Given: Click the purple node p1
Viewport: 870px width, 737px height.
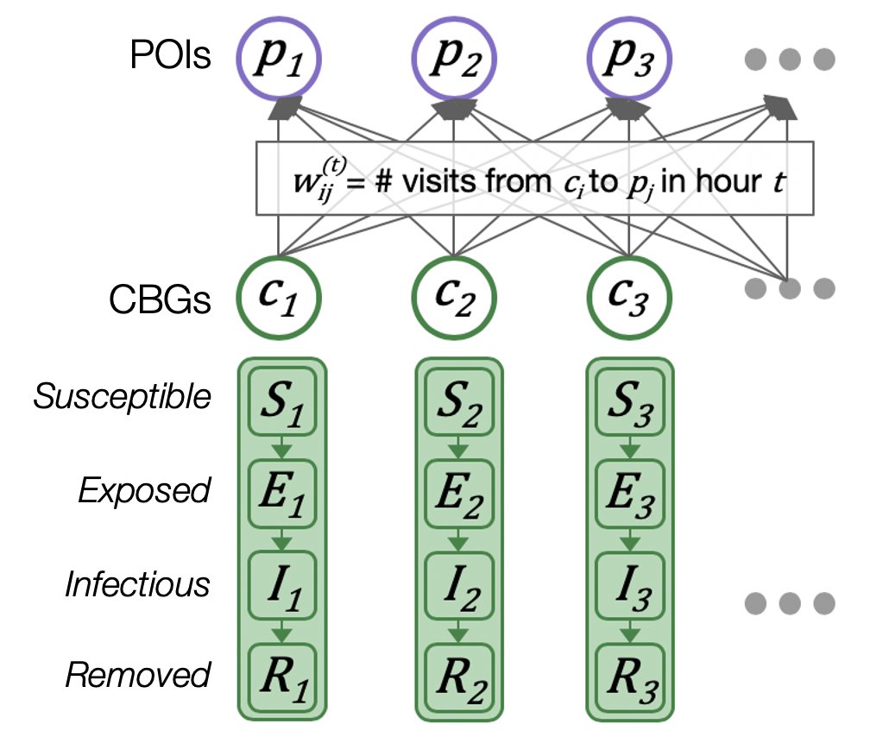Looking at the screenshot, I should [279, 60].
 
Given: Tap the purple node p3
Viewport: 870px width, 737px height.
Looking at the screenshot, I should [629, 60].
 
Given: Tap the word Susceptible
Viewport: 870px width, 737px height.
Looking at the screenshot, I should [122, 397].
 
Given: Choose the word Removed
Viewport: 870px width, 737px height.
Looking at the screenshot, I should [138, 675].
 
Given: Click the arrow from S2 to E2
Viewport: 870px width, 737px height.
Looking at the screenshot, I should [457, 449].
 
